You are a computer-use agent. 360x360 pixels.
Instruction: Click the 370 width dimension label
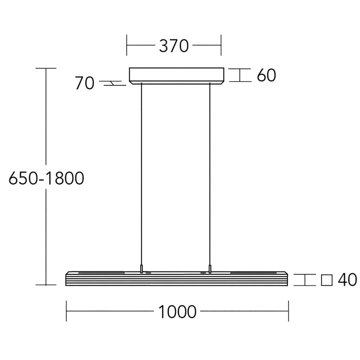point(174,46)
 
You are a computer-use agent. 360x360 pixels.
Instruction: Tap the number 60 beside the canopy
point(266,75)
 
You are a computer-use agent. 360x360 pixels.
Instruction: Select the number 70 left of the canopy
point(84,83)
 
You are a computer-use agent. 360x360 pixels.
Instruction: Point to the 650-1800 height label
point(46,178)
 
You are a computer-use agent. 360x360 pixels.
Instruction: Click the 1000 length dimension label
point(177,312)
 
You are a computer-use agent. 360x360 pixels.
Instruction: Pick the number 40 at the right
point(347,280)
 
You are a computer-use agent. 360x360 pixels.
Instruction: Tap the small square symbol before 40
point(327,280)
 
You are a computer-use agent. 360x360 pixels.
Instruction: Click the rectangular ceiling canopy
point(176,75)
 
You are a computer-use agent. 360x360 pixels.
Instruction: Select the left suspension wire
point(141,171)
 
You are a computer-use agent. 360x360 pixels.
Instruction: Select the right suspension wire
point(210,171)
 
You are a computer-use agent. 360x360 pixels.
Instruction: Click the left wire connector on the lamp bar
point(141,269)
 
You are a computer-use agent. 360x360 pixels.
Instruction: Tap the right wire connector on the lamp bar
point(210,269)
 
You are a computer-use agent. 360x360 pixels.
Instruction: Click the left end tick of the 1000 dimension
point(66,312)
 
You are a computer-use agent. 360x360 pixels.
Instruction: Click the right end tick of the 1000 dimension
point(288,312)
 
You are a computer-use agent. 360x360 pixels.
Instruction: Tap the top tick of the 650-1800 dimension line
point(46,68)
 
